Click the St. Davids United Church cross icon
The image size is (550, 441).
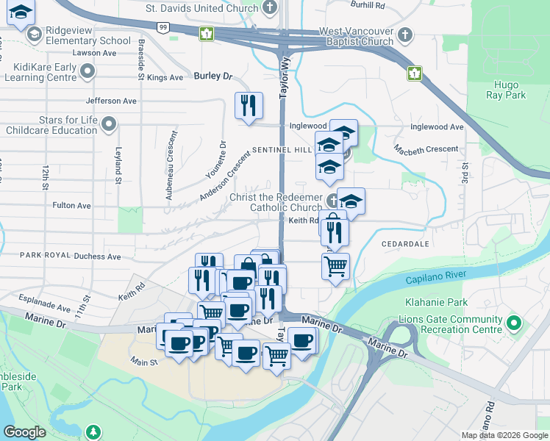pyautogui.click(x=270, y=8)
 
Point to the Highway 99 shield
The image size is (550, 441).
pyautogui.click(x=163, y=26)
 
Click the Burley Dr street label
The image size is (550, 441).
pyautogui.click(x=213, y=76)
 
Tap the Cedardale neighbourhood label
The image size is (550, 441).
pyautogui.click(x=405, y=243)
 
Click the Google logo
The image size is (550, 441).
pyautogui.click(x=24, y=432)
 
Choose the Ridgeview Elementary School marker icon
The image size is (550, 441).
pyautogui.click(x=34, y=35)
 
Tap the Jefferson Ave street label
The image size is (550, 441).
pyautogui.click(x=112, y=101)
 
